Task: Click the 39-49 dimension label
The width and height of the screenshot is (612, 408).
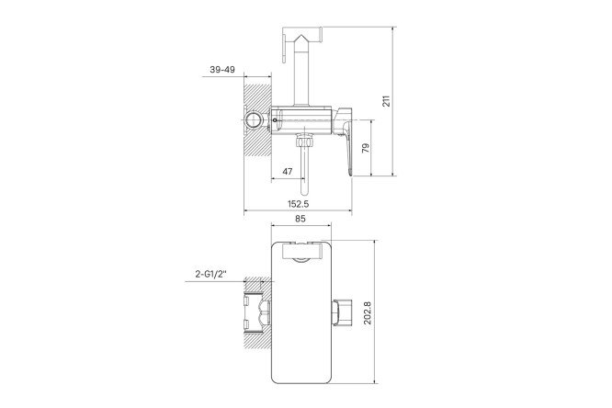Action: click(x=222, y=70)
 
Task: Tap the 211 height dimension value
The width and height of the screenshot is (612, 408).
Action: click(x=386, y=101)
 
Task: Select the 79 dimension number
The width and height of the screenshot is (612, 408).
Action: click(x=366, y=148)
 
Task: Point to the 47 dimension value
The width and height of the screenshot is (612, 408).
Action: click(x=288, y=172)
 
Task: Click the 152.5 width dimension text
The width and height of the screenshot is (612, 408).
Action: click(x=299, y=204)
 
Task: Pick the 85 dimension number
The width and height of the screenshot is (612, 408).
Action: click(x=300, y=219)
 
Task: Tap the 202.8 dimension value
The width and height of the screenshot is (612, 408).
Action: click(x=368, y=312)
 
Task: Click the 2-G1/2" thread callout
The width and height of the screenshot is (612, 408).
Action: click(x=211, y=275)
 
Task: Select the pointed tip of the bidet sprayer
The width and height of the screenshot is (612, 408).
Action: click(x=301, y=35)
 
